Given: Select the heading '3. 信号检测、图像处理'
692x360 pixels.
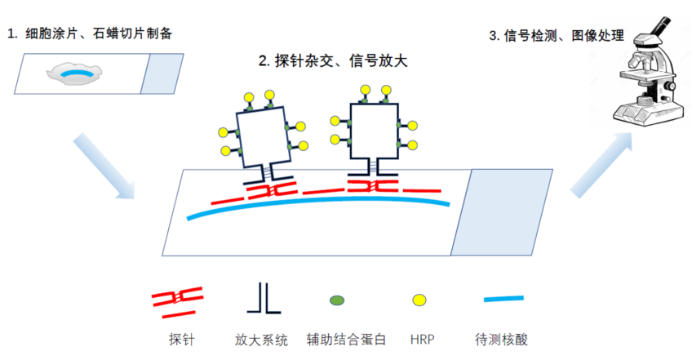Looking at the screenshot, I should (x=556, y=35).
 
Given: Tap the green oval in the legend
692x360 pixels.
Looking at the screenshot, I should (x=336, y=300).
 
